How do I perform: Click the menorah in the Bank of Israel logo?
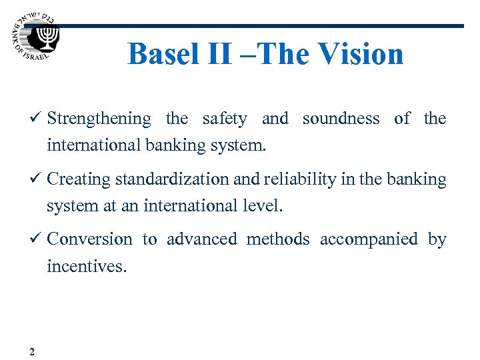click(47, 38)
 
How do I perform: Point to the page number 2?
click(33, 351)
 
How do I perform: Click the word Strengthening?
click(99, 119)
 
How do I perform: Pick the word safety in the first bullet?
click(224, 119)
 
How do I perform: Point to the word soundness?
click(341, 119)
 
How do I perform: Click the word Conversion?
click(90, 239)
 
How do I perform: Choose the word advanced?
click(201, 239)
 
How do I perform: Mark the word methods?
click(278, 239)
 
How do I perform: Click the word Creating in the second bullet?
click(80, 179)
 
